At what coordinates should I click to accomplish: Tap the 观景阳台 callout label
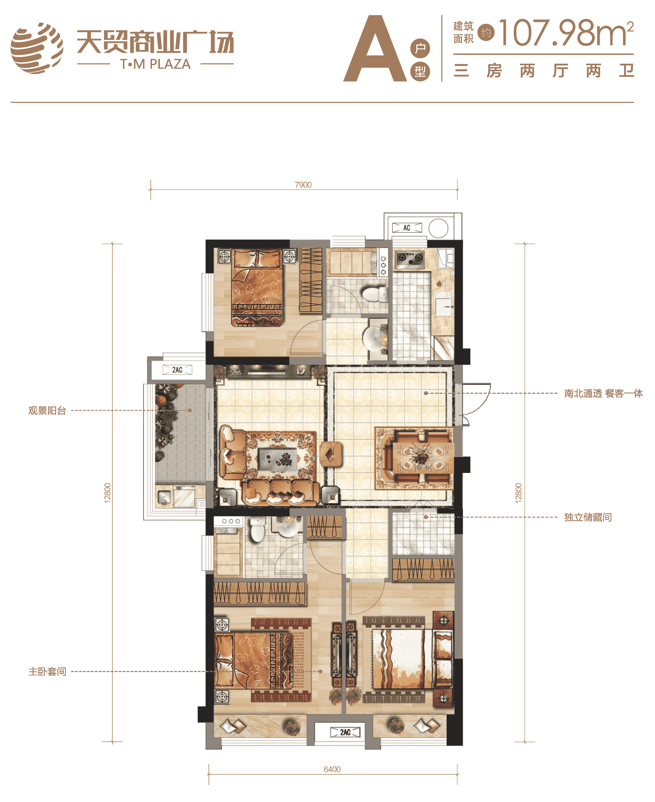pos(47,410)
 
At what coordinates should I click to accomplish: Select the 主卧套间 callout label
pos(47,671)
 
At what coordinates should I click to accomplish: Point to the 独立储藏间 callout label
pos(588,517)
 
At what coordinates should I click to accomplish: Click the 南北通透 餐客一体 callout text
pos(603,393)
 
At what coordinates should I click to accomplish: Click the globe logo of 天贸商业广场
pos(37,48)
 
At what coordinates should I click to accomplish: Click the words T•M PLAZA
pos(155,64)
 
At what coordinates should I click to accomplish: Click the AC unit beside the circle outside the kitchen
pos(407,228)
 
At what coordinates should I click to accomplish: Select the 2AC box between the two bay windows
pos(345,732)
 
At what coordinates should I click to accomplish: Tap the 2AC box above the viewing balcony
pos(177,370)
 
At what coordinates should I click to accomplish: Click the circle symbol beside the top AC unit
pos(438,228)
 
